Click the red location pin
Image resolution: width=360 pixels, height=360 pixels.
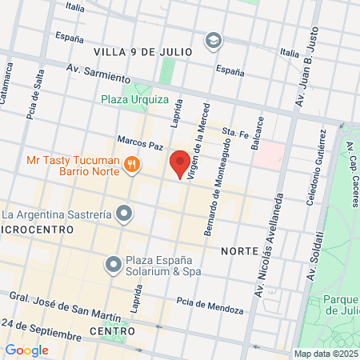180,162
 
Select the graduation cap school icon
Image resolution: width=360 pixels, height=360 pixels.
213,40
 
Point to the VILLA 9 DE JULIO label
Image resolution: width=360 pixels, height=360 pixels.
143,51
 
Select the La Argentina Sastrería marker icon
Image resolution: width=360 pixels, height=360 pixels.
124,214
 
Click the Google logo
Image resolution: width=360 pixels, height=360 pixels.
26,350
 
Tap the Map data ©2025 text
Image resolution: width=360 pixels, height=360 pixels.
325,354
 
